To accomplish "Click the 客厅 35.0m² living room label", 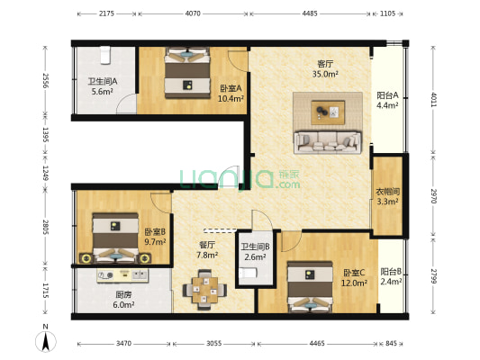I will [325, 69].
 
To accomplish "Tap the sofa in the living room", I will [326, 142].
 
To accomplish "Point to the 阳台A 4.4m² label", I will [389, 101].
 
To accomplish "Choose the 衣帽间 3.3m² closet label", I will [388, 196].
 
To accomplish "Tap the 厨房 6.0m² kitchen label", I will [123, 299].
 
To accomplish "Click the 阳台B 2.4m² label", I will [390, 276].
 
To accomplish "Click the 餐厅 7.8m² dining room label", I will [207, 249].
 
